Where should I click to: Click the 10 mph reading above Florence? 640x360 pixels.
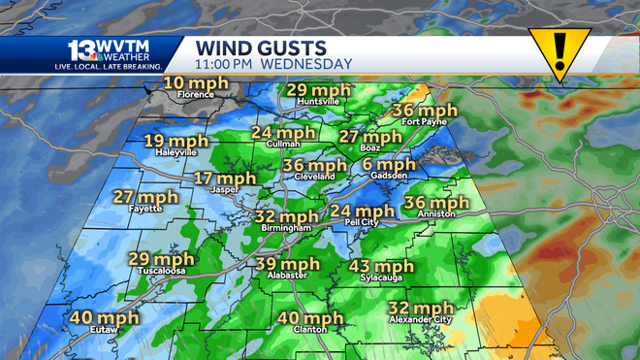[195, 83]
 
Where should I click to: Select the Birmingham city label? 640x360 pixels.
[286, 227]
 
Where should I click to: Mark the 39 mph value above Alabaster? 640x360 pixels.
[289, 265]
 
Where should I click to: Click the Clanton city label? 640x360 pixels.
[309, 329]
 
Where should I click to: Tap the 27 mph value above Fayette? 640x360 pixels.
[146, 197]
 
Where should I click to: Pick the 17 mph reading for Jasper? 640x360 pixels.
[225, 179]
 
